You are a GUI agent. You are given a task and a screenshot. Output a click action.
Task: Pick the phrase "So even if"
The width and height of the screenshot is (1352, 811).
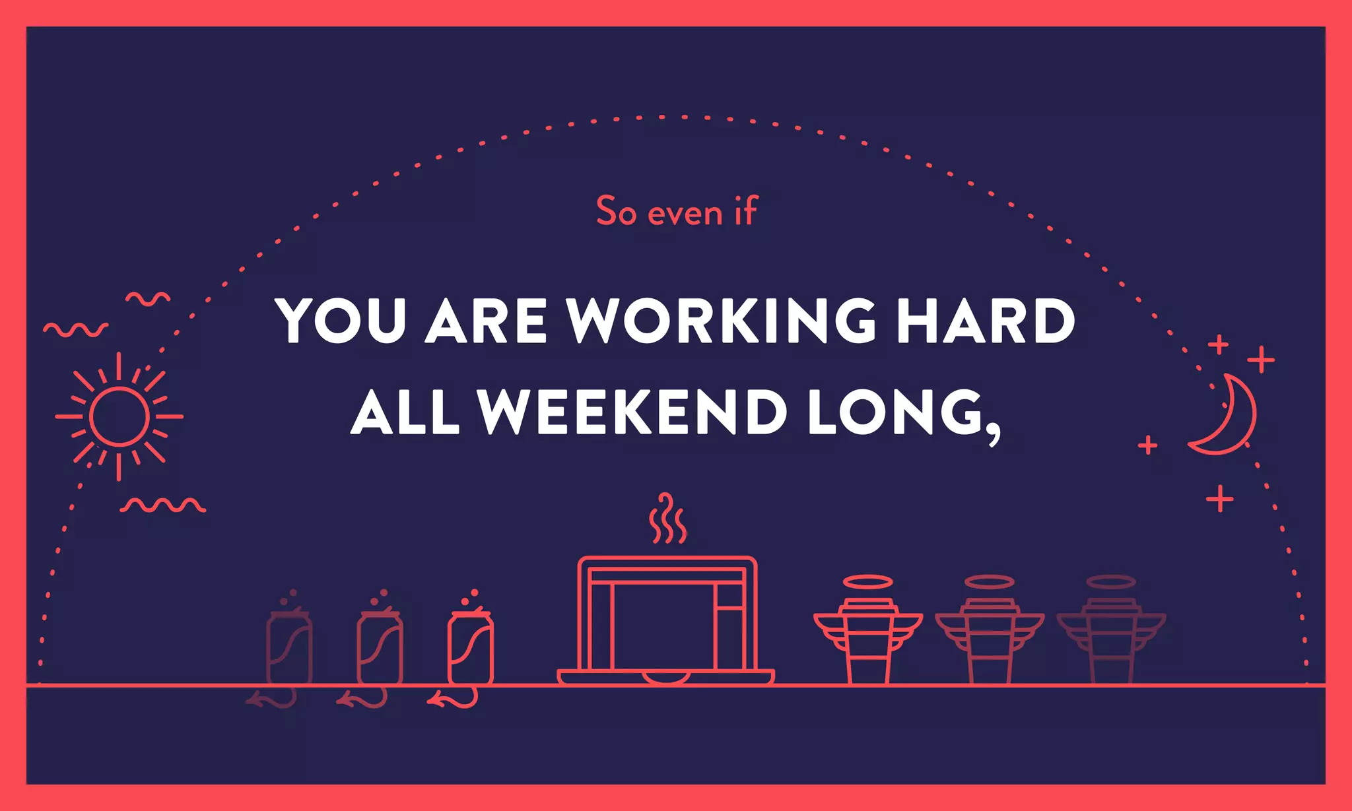point(677,212)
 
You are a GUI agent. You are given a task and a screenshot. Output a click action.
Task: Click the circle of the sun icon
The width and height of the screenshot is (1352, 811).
point(119,416)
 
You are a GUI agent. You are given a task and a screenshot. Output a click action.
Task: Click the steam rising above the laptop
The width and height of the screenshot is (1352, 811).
point(667,519)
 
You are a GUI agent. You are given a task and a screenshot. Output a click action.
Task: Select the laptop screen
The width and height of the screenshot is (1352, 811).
point(663,627)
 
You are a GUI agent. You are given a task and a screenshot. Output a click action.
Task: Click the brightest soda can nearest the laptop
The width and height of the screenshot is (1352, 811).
point(470,648)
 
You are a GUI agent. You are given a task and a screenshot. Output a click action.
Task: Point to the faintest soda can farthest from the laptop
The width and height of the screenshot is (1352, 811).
point(289,648)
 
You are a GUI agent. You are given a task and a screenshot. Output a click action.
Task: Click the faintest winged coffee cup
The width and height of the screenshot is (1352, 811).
point(1111,640)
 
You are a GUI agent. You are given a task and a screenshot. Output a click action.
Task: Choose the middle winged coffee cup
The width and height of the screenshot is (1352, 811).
point(989,640)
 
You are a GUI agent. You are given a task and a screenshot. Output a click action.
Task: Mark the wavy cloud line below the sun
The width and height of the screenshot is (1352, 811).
point(162,506)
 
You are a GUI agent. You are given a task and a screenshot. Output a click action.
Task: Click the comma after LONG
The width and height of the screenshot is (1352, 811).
point(994,436)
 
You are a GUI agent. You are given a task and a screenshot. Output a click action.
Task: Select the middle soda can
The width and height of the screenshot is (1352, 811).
point(380,648)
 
